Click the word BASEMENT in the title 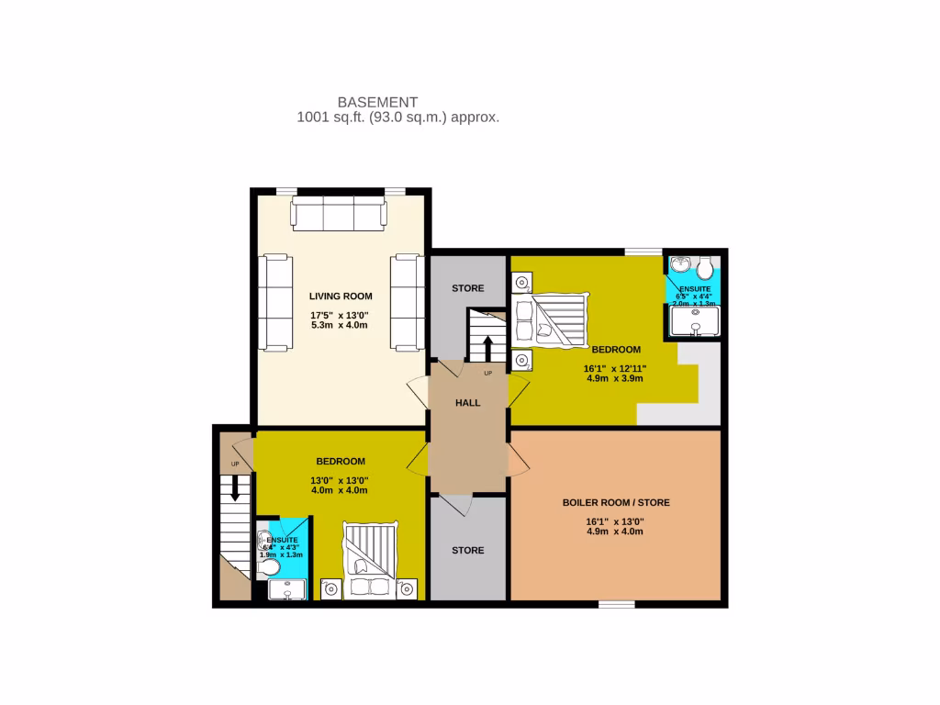click(377, 102)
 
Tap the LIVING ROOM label click(341, 296)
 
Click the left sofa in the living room click(274, 303)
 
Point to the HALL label click(467, 402)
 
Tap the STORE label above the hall click(467, 288)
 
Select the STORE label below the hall click(467, 550)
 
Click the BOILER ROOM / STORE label click(616, 502)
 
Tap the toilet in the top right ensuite click(706, 267)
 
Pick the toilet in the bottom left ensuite click(268, 568)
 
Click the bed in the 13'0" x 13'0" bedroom click(370, 560)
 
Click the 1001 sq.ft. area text click(397, 117)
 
